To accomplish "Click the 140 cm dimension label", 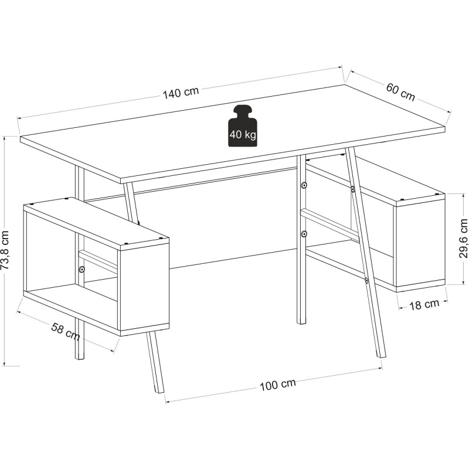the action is coord(181,93).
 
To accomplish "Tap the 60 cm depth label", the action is coord(401,92).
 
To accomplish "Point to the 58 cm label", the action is coord(66,331).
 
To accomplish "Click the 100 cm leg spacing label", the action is coord(277,385).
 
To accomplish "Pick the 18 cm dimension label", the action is coord(424,304).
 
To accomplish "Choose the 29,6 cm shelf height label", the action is coord(463,239).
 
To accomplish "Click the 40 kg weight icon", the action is coord(243,125).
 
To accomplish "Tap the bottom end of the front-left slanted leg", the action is coord(159,392).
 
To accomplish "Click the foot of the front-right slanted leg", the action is coord(382,356).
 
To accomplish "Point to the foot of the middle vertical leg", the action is coord(301,323).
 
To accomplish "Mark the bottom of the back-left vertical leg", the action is coord(79,358).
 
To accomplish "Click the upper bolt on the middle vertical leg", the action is coord(304,185).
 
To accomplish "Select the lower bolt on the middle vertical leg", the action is coord(304,233).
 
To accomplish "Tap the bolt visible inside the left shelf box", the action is coord(81,269).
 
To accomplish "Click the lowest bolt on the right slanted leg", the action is coord(366,280).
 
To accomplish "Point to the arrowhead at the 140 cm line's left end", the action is coord(18,118).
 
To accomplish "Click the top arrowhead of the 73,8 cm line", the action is coord(4,138).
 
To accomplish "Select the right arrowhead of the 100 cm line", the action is coord(380,368).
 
